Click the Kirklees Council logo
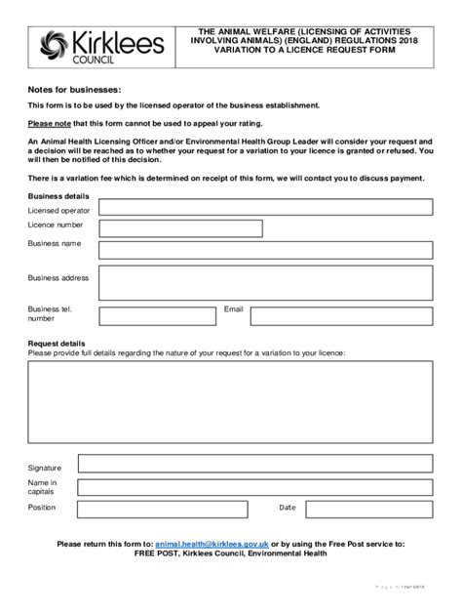click(x=95, y=45)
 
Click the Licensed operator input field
click(x=265, y=207)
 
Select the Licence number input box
click(x=180, y=228)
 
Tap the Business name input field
click(x=265, y=250)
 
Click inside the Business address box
click(x=265, y=282)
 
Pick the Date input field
click(x=368, y=508)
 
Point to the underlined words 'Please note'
click(x=51, y=123)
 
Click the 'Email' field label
click(x=233, y=308)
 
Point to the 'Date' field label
click(x=287, y=508)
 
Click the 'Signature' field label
click(x=45, y=468)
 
